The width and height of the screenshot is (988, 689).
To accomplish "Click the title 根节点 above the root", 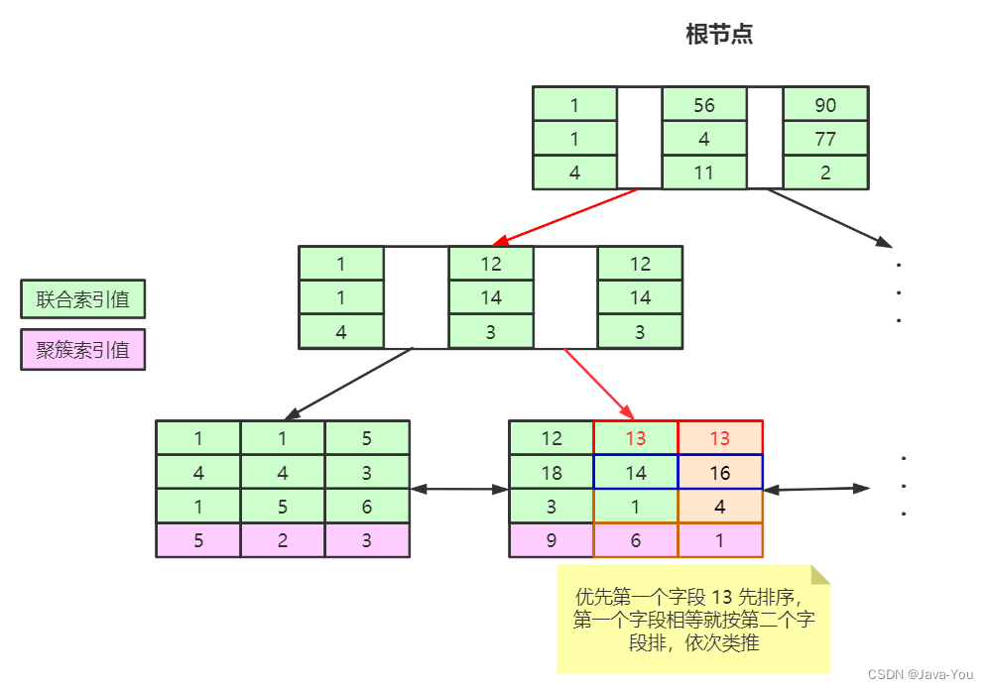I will [719, 35].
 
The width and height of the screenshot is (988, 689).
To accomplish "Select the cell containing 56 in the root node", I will [704, 104].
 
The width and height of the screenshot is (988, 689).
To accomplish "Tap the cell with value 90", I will [825, 104].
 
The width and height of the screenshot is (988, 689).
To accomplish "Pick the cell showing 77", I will [825, 139].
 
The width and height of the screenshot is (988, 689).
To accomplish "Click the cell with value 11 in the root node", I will [704, 172].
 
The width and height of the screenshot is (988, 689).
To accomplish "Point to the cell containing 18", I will [552, 473].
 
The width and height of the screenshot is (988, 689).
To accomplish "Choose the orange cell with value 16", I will [720, 473].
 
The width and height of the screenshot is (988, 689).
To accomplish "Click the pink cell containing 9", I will [552, 541].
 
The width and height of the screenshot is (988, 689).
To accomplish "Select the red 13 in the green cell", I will [636, 438].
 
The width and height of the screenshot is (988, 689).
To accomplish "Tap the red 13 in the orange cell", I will [720, 438].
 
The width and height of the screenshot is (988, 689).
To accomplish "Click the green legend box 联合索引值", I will [83, 298].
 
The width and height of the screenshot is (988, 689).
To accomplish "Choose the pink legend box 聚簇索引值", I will [83, 349].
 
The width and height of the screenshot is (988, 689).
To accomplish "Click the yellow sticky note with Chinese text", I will [693, 620].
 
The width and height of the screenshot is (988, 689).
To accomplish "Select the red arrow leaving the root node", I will [565, 215].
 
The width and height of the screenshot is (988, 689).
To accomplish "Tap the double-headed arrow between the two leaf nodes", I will [459, 488].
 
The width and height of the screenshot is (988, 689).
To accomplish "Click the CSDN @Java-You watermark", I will [921, 674].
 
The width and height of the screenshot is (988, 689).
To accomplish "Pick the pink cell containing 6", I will [636, 541].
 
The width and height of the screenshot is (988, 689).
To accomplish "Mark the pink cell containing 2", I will [283, 541].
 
